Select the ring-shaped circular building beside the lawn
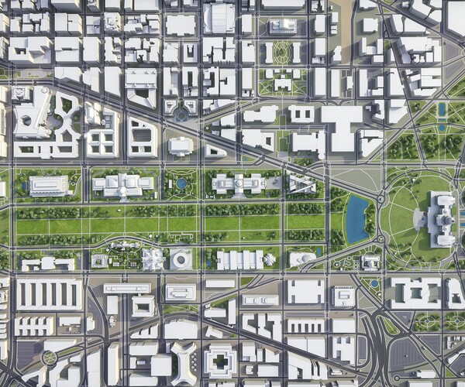click(x=181, y=259)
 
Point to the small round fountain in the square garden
click(x=181, y=183)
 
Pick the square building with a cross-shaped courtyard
click(x=220, y=361)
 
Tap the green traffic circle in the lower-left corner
click(x=50, y=357)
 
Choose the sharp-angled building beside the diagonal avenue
click(x=301, y=183)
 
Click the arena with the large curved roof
click(x=219, y=17)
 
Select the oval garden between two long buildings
click(x=281, y=53)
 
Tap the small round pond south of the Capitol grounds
click(x=375, y=284)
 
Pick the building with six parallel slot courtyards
click(x=49, y=294)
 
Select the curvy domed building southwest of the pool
click(x=303, y=258)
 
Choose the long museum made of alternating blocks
click(x=240, y=259)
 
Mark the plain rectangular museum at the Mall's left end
click(x=48, y=186)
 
